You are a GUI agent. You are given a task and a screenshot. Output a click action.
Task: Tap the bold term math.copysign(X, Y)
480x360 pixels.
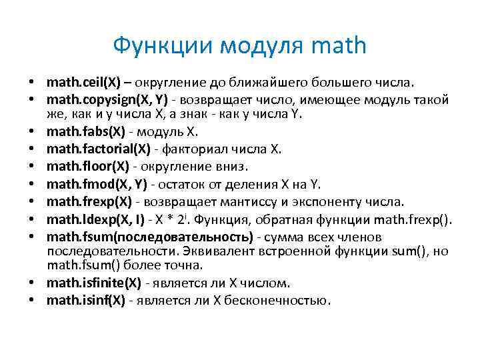(107, 100)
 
